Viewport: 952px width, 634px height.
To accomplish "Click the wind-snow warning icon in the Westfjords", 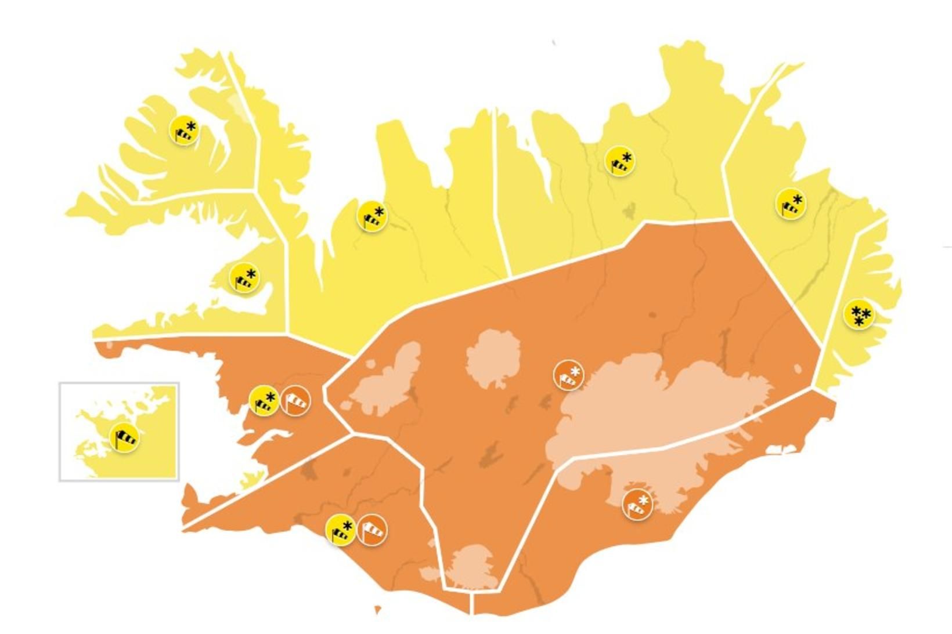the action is coord(184,130).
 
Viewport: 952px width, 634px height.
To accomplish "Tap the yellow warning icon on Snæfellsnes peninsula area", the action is coord(244,278).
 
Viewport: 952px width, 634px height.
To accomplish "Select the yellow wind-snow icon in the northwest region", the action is coord(372,216).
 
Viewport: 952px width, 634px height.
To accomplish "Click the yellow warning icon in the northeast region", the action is coord(619,161).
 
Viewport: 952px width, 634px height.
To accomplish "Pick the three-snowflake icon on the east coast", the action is coord(859,314).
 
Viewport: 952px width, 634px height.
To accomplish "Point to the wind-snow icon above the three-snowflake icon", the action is coord(791,204).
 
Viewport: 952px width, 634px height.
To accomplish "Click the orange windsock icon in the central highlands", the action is coord(568,375).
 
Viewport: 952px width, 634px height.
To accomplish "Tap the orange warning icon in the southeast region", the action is coord(637,504).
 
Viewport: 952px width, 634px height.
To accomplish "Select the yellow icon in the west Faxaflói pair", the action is coord(264,401).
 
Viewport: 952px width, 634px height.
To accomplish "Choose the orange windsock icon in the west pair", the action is coord(295,401).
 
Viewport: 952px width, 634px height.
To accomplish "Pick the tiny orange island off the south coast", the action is coord(378,610).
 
